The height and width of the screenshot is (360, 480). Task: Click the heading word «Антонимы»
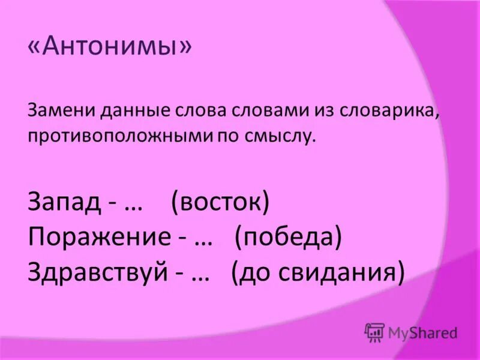(x=110, y=47)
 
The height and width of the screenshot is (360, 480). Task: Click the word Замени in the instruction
(x=54, y=111)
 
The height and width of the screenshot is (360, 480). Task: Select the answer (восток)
(x=220, y=202)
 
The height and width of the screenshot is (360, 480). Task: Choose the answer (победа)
(x=288, y=237)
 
